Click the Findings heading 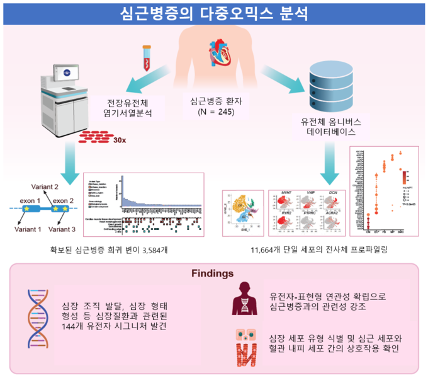point(213,275)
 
